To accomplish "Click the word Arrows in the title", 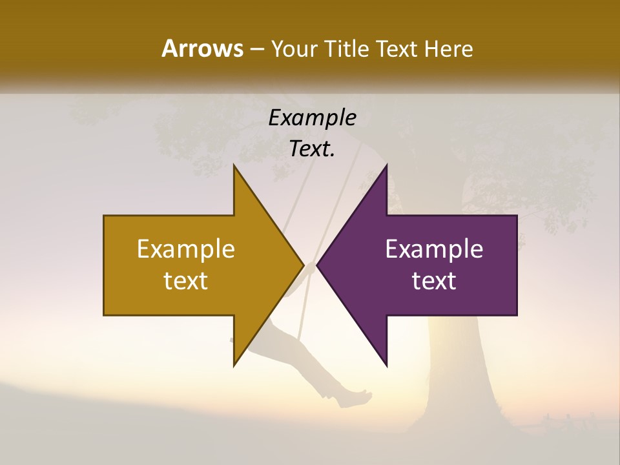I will pos(201,48).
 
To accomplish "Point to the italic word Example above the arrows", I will pos(312,118).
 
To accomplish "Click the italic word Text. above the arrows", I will pos(312,149).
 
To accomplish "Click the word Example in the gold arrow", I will pos(186,249).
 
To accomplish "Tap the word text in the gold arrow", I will pos(186,280).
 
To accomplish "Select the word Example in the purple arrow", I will pos(434,249).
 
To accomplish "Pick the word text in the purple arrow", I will pos(434,280).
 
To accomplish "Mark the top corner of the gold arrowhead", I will pos(234,166).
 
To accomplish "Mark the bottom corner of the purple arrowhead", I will pos(386,366).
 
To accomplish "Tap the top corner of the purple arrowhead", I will pos(386,166).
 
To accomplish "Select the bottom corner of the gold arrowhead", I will pos(234,366).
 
